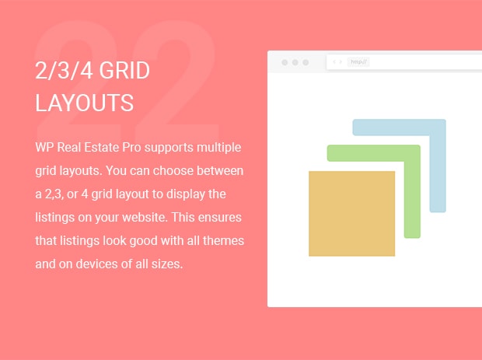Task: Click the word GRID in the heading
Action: click(x=124, y=71)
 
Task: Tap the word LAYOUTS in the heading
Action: click(x=84, y=103)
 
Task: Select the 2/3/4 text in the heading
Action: click(x=64, y=71)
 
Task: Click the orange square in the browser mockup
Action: click(x=351, y=213)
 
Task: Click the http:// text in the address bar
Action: click(x=358, y=62)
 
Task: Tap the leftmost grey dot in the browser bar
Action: click(x=285, y=62)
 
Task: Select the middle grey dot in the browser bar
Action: click(x=295, y=62)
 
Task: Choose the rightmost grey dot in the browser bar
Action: click(x=306, y=62)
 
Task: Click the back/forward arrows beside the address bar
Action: click(x=337, y=61)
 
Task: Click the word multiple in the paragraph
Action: click(x=219, y=148)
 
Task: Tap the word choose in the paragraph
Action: click(x=173, y=170)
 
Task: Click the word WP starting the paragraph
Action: click(x=44, y=147)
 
